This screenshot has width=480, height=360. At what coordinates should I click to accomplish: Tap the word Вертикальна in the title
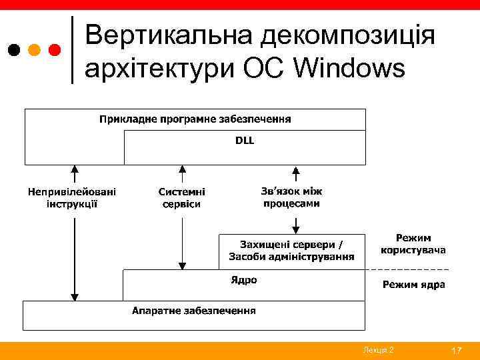[x=169, y=35]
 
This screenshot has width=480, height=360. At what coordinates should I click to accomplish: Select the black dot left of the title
[x=14, y=50]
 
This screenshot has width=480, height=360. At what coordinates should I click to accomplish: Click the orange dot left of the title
[x=35, y=50]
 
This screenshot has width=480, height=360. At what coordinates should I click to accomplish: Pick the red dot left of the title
[x=55, y=50]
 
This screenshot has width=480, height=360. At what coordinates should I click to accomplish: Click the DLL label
[x=245, y=141]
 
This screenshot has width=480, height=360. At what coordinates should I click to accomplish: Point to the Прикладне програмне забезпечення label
[x=195, y=119]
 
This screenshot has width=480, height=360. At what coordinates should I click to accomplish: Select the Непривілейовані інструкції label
[x=72, y=197]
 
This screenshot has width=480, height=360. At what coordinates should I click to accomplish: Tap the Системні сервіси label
[x=182, y=197]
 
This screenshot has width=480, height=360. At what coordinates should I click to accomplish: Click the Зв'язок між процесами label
[x=291, y=197]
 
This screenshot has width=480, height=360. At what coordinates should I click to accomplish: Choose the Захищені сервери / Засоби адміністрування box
[x=292, y=251]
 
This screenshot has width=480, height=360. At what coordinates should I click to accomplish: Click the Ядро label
[x=244, y=280]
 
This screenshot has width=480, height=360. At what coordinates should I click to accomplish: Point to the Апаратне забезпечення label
[x=194, y=311]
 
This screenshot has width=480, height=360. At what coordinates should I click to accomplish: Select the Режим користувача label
[x=413, y=244]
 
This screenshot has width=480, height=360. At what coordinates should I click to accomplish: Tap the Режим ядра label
[x=413, y=285]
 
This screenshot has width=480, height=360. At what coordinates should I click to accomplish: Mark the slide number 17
[x=457, y=351]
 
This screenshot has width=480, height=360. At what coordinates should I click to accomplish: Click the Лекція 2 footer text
[x=378, y=351]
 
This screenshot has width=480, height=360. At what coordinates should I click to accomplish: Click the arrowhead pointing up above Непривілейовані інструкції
[x=75, y=169]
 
